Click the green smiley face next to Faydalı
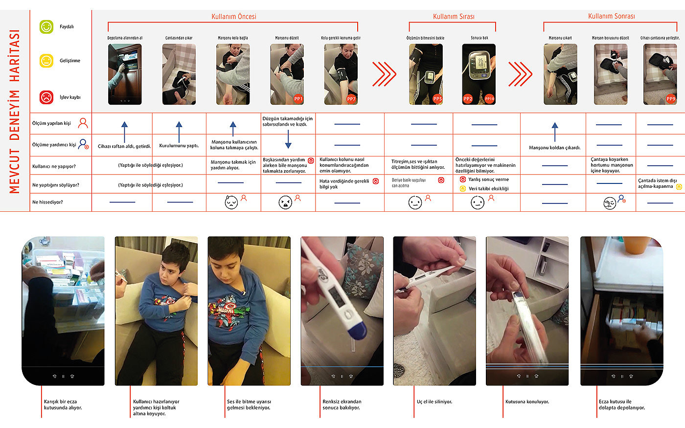46,27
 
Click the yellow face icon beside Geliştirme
46,61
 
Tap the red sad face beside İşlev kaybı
46,97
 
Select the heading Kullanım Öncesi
233,17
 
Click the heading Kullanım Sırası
454,17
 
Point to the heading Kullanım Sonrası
611,17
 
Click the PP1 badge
298,99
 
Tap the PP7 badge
351,99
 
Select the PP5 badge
437,99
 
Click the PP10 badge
489,99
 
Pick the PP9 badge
670,99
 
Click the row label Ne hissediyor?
47,202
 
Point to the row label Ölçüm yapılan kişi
51,123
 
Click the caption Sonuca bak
479,38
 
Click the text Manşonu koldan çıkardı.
554,148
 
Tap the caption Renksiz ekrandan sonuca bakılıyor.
342,405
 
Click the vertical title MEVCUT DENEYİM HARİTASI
15,112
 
